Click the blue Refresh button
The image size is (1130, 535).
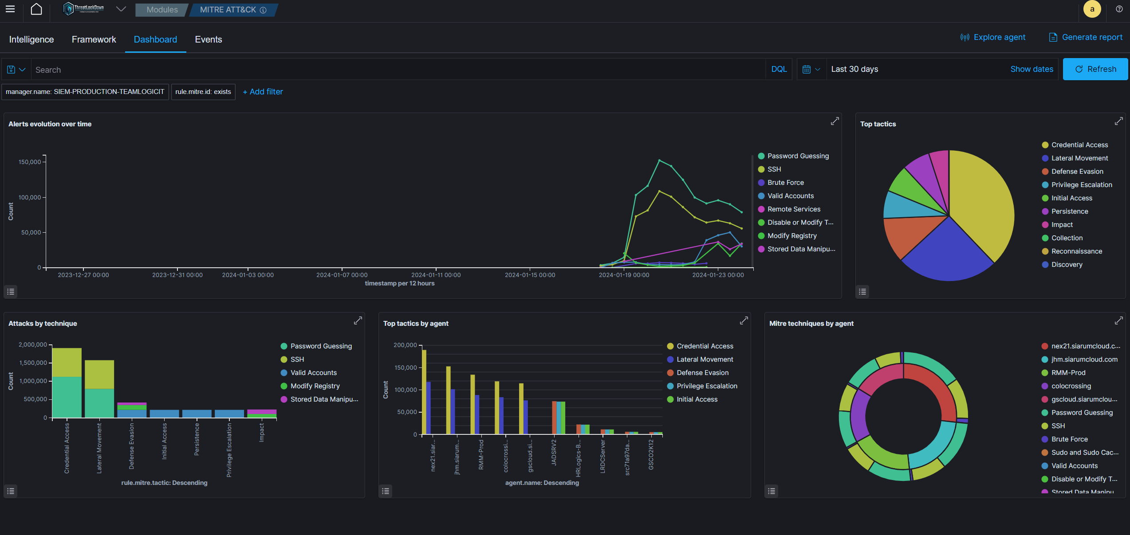pyautogui.click(x=1095, y=69)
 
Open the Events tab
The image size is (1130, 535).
pyautogui.click(x=209, y=39)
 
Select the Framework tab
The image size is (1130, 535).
pyautogui.click(x=94, y=39)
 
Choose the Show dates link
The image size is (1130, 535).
pyautogui.click(x=1032, y=69)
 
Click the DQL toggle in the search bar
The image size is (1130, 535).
pyautogui.click(x=779, y=69)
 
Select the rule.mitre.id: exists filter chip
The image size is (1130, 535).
pyautogui.click(x=203, y=92)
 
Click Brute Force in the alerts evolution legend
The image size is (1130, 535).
pyautogui.click(x=785, y=183)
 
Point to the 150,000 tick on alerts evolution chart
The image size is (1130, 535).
pyautogui.click(x=30, y=162)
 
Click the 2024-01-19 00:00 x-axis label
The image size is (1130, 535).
pyautogui.click(x=624, y=275)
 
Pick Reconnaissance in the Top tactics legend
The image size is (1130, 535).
pyautogui.click(x=1076, y=251)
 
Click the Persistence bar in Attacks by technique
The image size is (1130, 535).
pyautogui.click(x=197, y=414)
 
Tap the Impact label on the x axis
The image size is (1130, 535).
pyautogui.click(x=261, y=432)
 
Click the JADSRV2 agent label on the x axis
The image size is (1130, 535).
pyautogui.click(x=554, y=453)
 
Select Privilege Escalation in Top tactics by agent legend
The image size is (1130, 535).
pyautogui.click(x=707, y=386)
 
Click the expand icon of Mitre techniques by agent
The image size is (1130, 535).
pyautogui.click(x=1118, y=320)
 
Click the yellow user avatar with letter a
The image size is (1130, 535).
pyautogui.click(x=1092, y=9)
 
